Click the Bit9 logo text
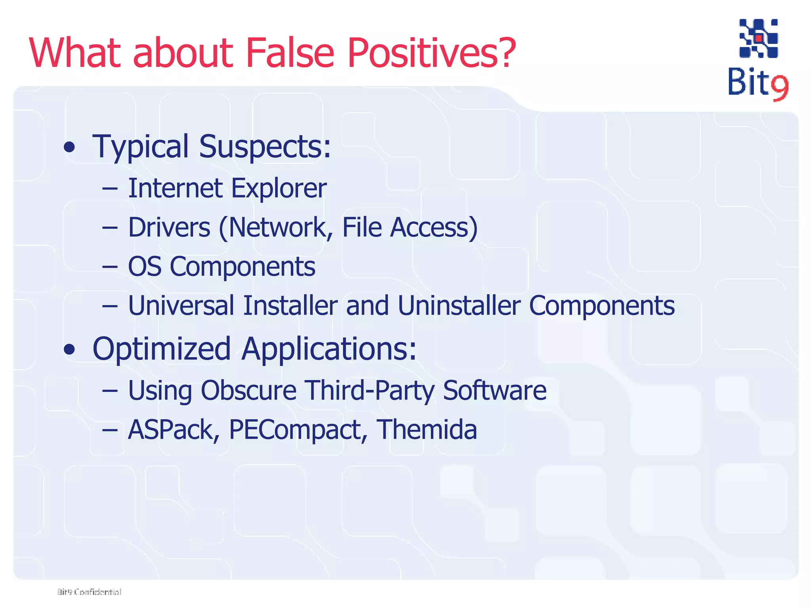click(x=757, y=84)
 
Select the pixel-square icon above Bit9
click(x=758, y=38)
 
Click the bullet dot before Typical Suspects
click(x=69, y=147)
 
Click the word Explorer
click(x=279, y=188)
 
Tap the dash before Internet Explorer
click(x=110, y=189)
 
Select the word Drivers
click(x=169, y=228)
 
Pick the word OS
click(x=145, y=266)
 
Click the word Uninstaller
click(x=459, y=306)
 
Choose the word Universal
click(x=181, y=306)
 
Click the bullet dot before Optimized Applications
click(x=69, y=350)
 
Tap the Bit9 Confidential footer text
click(x=89, y=592)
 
